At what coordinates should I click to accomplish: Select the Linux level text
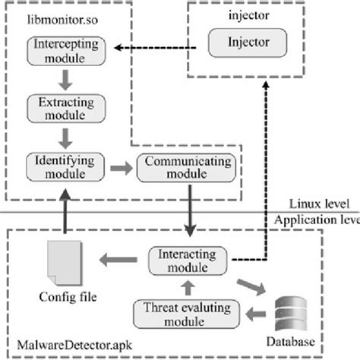click(320, 204)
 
